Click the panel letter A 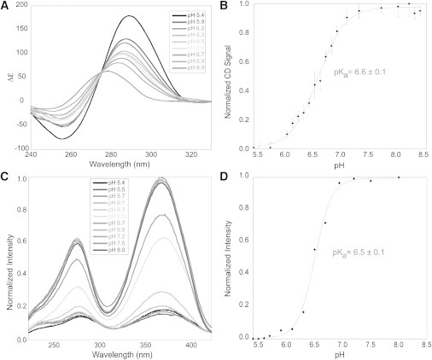click(x=5, y=6)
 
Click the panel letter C click(x=5, y=178)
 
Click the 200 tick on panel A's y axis click(x=20, y=5)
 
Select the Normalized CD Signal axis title click(x=231, y=75)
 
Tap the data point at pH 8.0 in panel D click(x=398, y=177)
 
